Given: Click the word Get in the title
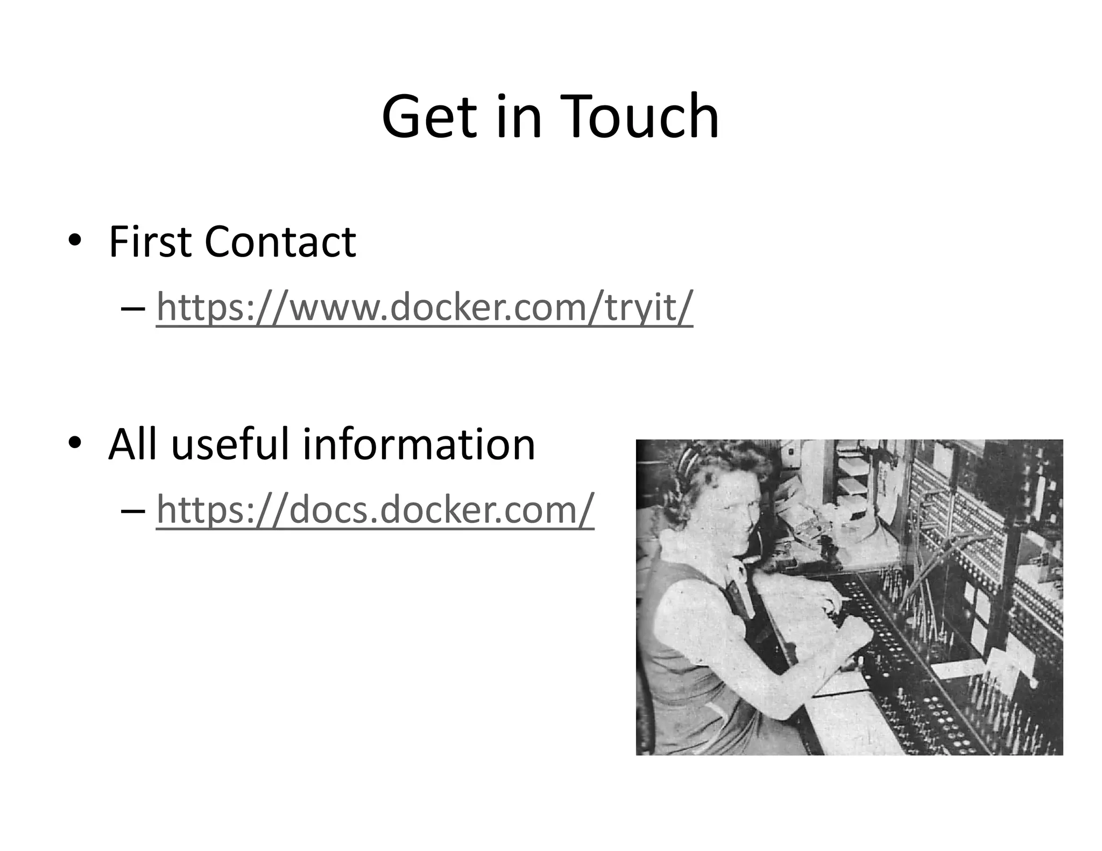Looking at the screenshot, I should coord(429,117).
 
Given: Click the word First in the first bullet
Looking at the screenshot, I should coord(150,242).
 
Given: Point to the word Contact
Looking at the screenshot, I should coord(280,242).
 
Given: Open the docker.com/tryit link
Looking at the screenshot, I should coord(424,307).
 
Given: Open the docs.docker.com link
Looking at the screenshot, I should coord(375,509).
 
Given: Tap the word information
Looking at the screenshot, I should coord(419,444).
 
